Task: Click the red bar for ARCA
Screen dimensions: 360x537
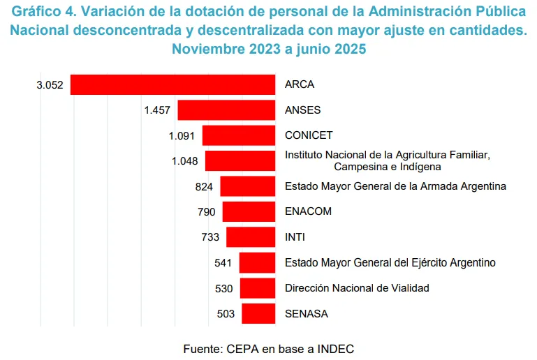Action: pyautogui.click(x=172, y=84)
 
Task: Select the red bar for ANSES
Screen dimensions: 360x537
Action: pyautogui.click(x=226, y=110)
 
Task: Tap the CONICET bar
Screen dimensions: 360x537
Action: pyautogui.click(x=239, y=135)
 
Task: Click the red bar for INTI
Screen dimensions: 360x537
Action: pyautogui.click(x=251, y=237)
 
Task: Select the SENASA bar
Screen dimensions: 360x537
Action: pyautogui.click(x=258, y=313)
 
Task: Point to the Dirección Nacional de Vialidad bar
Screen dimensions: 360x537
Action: pyautogui.click(x=258, y=288)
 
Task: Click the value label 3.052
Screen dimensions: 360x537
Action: pyautogui.click(x=50, y=85)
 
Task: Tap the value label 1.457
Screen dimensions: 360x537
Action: pyautogui.click(x=157, y=110)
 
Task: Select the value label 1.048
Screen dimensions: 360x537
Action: pyautogui.click(x=184, y=161)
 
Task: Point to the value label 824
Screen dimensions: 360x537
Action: pyautogui.click(x=205, y=186)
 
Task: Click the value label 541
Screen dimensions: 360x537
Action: pyautogui.click(x=223, y=263)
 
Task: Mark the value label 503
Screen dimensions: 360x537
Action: pyautogui.click(x=226, y=314)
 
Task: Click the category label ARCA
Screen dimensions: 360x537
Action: pyautogui.click(x=300, y=84)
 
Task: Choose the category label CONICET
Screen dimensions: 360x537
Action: pyautogui.click(x=309, y=135)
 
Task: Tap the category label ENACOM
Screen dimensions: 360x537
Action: pyautogui.click(x=308, y=211)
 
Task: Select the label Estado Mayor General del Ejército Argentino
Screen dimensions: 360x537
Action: pyautogui.click(x=390, y=263)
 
